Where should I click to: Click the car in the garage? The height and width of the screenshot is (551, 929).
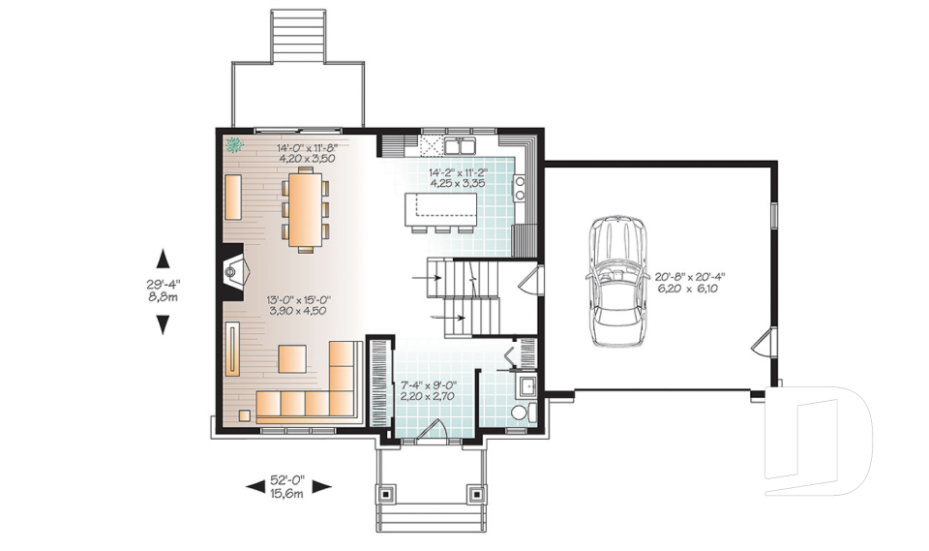tap(616, 280)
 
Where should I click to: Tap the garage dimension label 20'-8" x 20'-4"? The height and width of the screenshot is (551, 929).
tap(690, 276)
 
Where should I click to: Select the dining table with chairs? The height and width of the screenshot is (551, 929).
tap(306, 210)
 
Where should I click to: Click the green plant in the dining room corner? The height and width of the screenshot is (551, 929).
tap(235, 144)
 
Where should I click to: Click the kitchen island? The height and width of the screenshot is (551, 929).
tap(441, 209)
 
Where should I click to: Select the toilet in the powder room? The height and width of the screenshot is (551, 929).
tap(522, 413)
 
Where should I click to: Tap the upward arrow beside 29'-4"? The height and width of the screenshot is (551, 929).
tap(163, 259)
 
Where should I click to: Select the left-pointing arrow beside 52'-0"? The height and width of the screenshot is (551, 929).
tap(255, 487)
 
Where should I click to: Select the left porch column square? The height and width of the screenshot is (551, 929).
tap(386, 492)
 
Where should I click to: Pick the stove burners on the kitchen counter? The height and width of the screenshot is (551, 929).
tap(520, 188)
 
